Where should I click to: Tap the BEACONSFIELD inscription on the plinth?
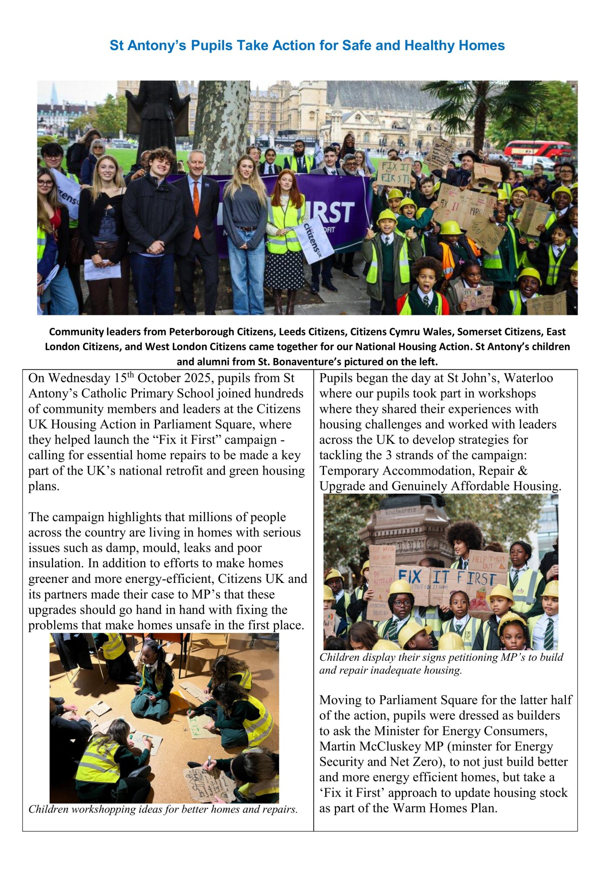tap(401, 510)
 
